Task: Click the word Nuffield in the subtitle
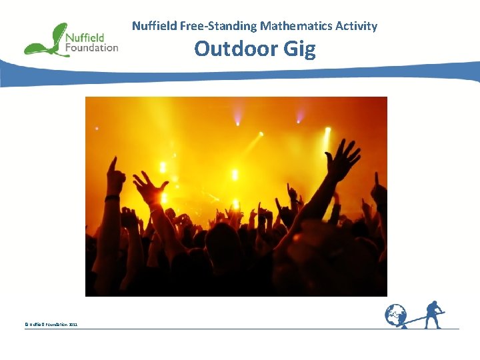(x=153, y=26)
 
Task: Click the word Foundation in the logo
(x=92, y=47)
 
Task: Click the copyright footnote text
(x=51, y=324)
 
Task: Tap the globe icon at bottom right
(x=396, y=315)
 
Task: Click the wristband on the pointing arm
(x=113, y=197)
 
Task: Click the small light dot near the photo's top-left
(x=97, y=128)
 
